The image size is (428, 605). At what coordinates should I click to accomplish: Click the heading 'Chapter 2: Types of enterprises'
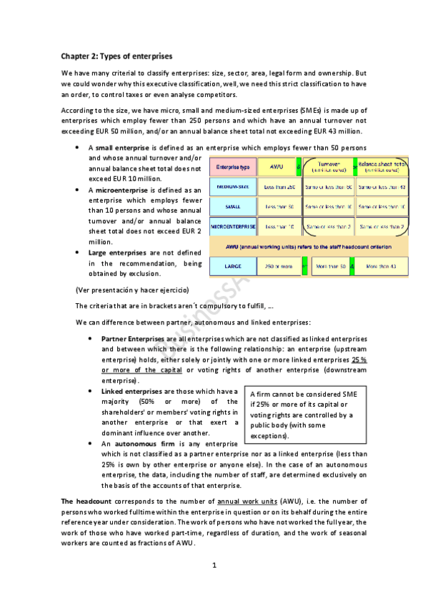(x=116, y=56)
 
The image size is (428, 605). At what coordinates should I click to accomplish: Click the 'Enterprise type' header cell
(x=232, y=167)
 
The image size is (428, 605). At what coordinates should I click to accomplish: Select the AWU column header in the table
(x=275, y=167)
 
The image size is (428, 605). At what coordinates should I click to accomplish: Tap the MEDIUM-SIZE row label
(x=232, y=187)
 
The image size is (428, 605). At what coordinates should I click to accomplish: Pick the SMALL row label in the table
(x=232, y=207)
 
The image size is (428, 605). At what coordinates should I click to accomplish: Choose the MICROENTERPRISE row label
(x=232, y=227)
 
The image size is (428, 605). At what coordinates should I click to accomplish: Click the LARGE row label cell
(x=232, y=266)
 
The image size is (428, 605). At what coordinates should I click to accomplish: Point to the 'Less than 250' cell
(x=279, y=187)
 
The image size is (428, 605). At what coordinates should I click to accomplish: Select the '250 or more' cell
(x=279, y=266)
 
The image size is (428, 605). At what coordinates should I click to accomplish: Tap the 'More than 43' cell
(x=382, y=266)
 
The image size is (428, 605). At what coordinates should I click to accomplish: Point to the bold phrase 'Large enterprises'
(x=117, y=253)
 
